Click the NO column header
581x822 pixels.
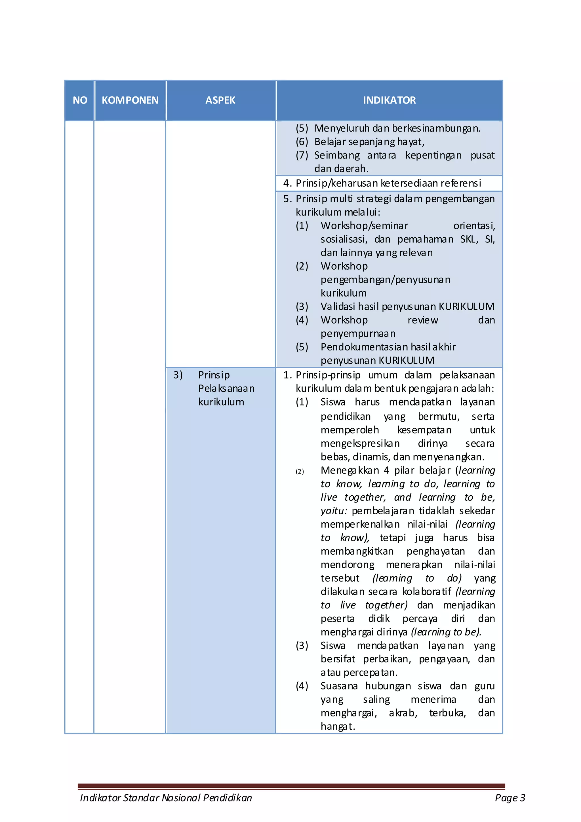[x=80, y=100]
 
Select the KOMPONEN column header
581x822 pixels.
[x=130, y=100]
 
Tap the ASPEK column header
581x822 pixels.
[x=220, y=100]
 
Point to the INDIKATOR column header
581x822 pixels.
[x=389, y=100]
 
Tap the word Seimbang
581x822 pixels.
[x=337, y=155]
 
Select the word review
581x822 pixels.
[x=423, y=320]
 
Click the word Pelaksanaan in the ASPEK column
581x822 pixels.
[x=226, y=388]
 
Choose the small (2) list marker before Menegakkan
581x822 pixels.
[x=300, y=472]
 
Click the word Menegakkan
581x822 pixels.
[x=350, y=470]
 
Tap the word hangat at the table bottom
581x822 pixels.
[x=337, y=726]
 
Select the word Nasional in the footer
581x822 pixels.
[x=181, y=798]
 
